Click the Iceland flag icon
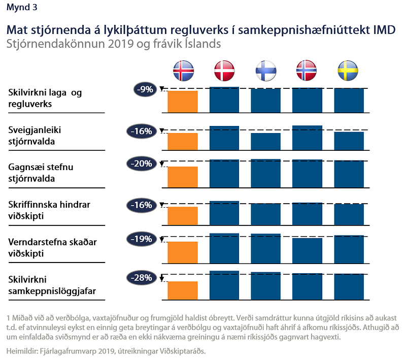click(x=183, y=71)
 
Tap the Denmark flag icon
click(x=224, y=71)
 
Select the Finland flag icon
click(x=266, y=71)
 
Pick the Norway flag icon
click(x=307, y=71)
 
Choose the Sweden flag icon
click(x=348, y=71)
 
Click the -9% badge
click(x=145, y=89)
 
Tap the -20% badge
click(x=142, y=163)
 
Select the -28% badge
click(x=142, y=278)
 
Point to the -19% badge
click(x=142, y=239)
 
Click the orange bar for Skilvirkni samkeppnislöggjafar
click(x=183, y=290)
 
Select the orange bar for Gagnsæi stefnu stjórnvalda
click(x=183, y=177)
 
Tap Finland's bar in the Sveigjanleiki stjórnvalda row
click(x=265, y=141)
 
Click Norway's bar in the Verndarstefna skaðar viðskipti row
click(x=308, y=251)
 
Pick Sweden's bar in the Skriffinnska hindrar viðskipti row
click(x=349, y=214)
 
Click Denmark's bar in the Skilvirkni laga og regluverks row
click(x=224, y=100)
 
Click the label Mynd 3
click(x=22, y=8)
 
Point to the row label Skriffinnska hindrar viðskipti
click(x=49, y=210)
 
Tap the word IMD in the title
click(x=384, y=30)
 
